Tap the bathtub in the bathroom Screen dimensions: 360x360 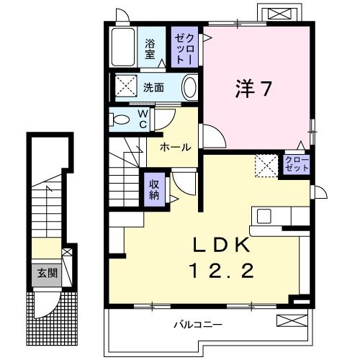pos(126,48)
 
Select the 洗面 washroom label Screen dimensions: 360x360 pos(153,89)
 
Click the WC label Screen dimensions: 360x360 pos(143,119)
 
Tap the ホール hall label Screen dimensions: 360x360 pos(175,148)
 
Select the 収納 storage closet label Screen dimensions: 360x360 pos(154,189)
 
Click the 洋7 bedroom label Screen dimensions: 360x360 pos(253,89)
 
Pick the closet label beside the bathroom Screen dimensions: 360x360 pos(180,47)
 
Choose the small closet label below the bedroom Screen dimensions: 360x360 pos(296,162)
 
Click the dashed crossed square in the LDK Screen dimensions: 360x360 pos(265,166)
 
